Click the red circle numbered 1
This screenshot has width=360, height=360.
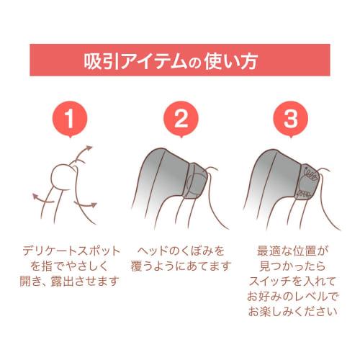pos(70,118)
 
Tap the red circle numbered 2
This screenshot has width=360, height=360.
pos(181,118)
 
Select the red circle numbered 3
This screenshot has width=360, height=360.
pos(291,118)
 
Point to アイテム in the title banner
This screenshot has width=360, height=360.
pos(153,60)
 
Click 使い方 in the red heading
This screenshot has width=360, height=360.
pos(231,60)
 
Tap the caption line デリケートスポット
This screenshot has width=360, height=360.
pos(71,251)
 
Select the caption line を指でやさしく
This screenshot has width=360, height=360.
pos(69,266)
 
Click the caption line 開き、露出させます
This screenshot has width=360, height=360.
pos(69,281)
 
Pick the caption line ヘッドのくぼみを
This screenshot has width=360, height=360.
pos(181,251)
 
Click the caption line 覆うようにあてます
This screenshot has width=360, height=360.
pos(181,266)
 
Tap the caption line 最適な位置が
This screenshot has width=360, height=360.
pos(292,251)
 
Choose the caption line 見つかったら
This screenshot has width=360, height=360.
pos(292,266)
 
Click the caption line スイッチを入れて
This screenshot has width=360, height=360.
pos(292,281)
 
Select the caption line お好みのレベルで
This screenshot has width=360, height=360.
pos(292,297)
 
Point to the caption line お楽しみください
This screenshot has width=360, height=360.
pos(292,312)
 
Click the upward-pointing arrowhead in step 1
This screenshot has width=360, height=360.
pos(89,148)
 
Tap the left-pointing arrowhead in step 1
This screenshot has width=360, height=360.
pos(36,197)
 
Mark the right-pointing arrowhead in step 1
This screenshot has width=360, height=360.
pos(94,205)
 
